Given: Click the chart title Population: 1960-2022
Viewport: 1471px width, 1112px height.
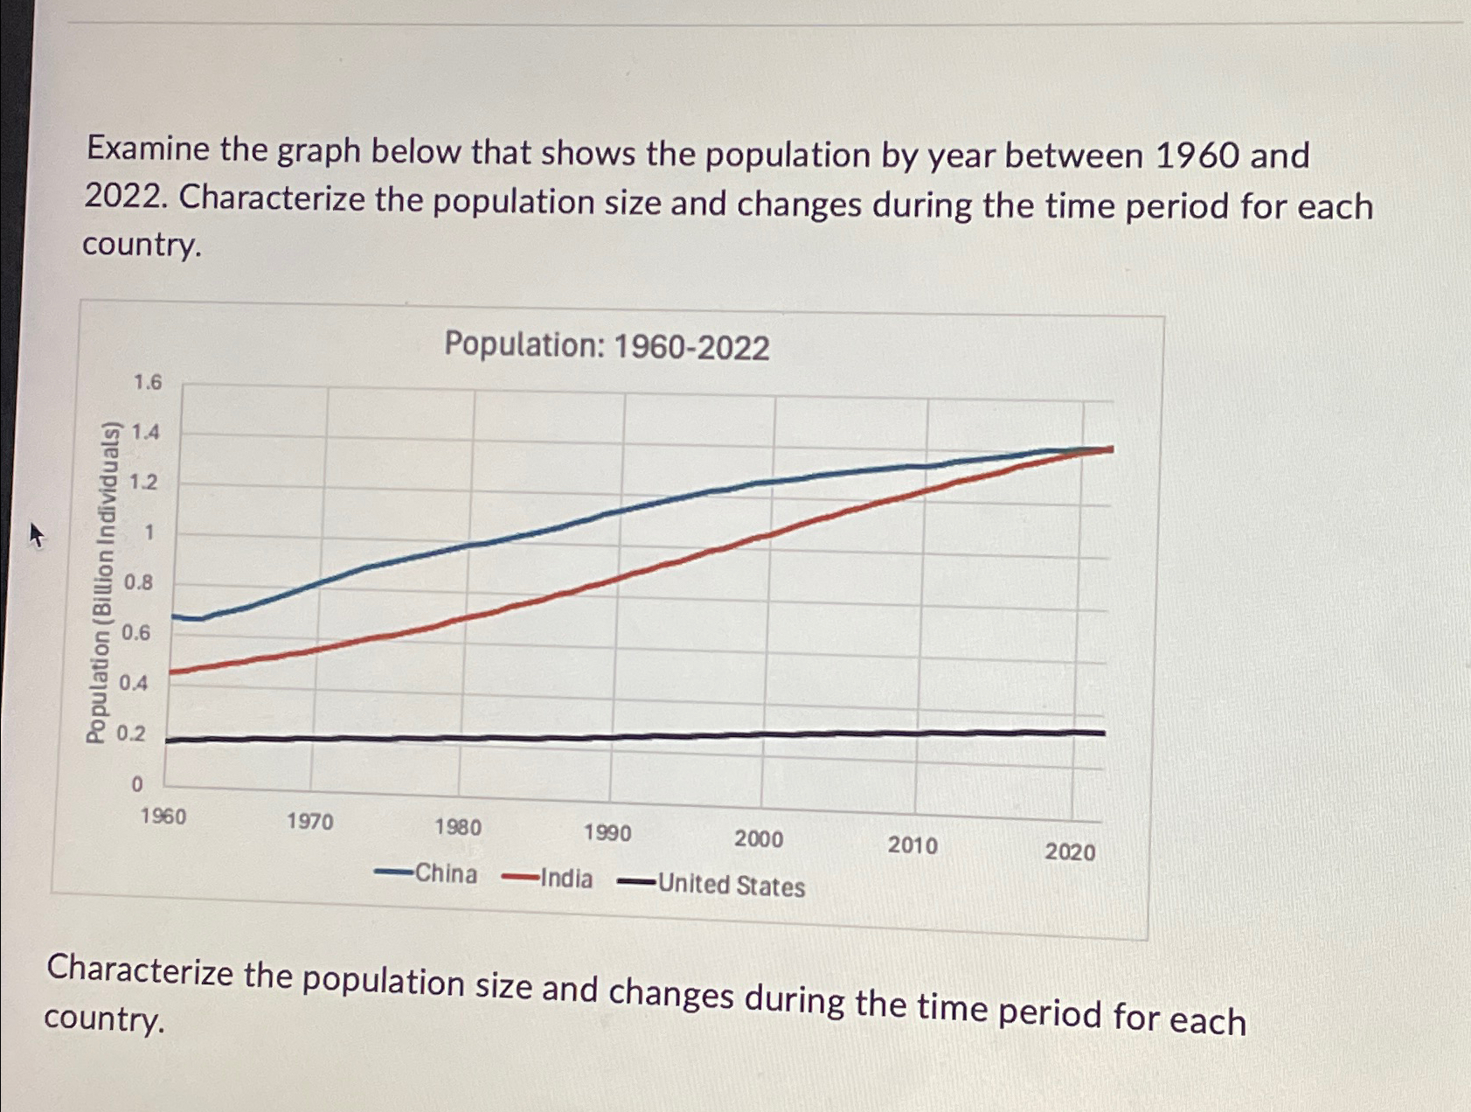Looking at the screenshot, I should click(x=607, y=346).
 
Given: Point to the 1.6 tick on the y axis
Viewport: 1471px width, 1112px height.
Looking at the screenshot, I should click(x=147, y=382).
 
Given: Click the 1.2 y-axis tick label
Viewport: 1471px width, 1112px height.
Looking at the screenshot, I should click(x=143, y=483).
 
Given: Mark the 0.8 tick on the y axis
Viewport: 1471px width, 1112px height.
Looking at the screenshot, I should click(x=138, y=582).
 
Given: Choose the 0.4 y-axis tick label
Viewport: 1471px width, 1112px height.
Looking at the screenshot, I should click(x=133, y=683).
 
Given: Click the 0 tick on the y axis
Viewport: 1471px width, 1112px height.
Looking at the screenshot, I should click(x=136, y=785).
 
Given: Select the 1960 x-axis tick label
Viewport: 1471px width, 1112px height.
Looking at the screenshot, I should click(x=163, y=817).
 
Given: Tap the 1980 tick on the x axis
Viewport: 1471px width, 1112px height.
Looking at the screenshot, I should click(x=458, y=827).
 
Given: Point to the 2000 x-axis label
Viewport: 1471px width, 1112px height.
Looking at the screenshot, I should click(x=759, y=839).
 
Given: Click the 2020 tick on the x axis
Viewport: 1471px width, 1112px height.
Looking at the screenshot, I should click(x=1070, y=851).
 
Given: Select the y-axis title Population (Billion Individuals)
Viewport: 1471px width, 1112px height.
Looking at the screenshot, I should click(x=102, y=582).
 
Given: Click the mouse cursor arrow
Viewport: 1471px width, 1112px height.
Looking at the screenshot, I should click(x=35, y=532).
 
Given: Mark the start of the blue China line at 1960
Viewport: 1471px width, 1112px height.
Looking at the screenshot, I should click(x=173, y=617).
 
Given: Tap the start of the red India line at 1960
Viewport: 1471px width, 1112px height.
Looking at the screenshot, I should click(x=170, y=671).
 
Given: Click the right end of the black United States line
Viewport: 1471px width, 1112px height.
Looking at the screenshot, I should click(x=1104, y=733).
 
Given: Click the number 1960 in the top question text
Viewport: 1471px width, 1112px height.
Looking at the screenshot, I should click(x=1197, y=156).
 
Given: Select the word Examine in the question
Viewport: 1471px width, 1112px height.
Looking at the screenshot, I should click(x=148, y=149).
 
